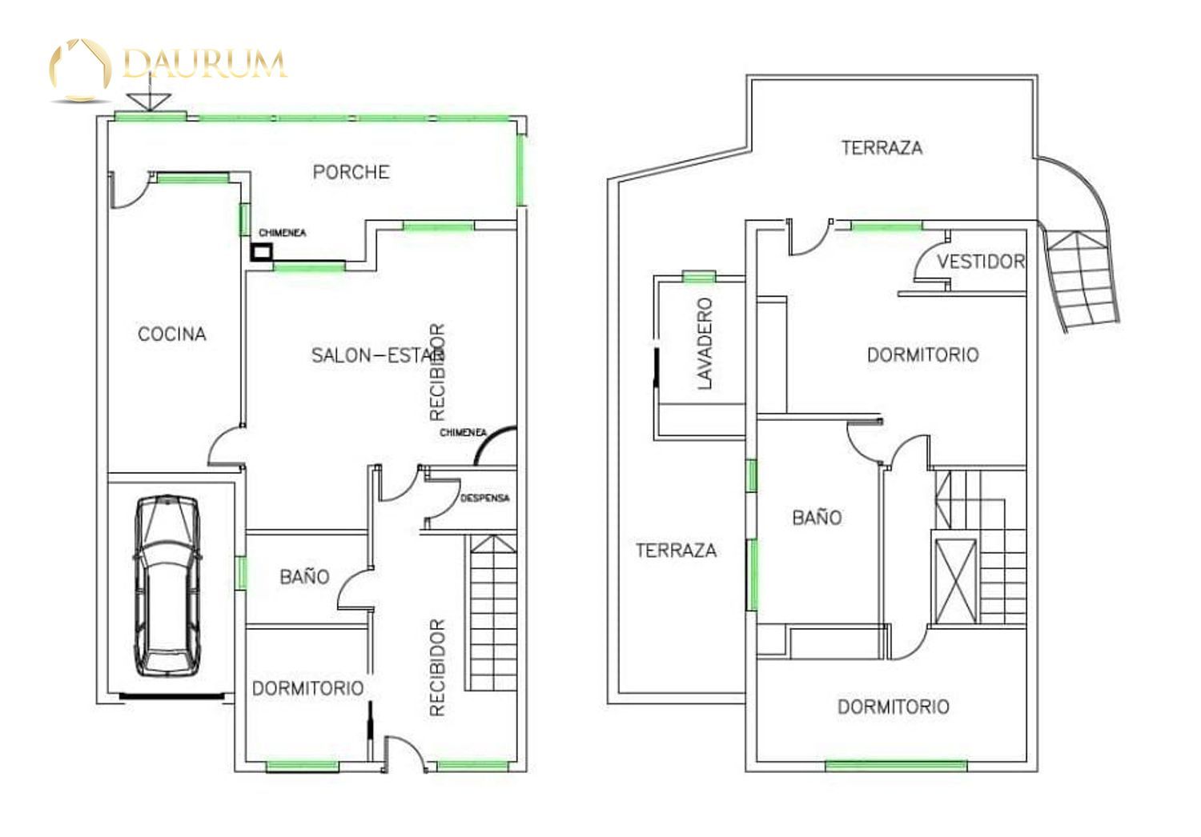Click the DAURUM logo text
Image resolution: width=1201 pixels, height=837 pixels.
click(204, 64)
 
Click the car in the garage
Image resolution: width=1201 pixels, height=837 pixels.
click(168, 586)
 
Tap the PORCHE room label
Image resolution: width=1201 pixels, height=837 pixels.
click(351, 172)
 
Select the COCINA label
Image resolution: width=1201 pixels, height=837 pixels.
click(172, 334)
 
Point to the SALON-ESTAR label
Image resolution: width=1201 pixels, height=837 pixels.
click(377, 354)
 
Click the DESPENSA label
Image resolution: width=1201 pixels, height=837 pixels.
click(484, 498)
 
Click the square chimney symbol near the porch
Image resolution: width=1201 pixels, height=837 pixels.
click(262, 252)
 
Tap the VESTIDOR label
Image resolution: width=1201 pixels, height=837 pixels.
click(981, 262)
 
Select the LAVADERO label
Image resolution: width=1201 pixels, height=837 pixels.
click(705, 343)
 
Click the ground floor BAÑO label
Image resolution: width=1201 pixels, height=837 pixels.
click(304, 577)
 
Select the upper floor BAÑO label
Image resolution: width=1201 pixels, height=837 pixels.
click(817, 517)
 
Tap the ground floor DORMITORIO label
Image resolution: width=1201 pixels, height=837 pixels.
click(307, 689)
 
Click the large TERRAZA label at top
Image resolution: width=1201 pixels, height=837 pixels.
click(882, 147)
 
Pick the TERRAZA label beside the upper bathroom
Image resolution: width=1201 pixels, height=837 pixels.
click(676, 551)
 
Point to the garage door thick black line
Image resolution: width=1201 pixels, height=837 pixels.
click(171, 696)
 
